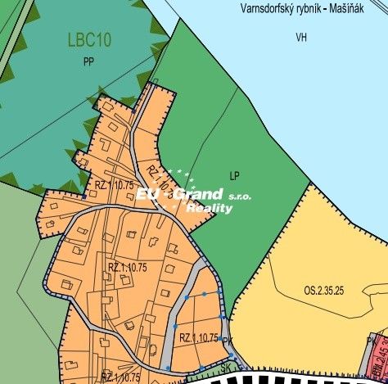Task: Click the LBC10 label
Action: point(91,39)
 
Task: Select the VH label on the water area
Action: point(302,37)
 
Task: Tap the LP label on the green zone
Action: point(235,175)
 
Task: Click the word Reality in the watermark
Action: point(210,209)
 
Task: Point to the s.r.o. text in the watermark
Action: point(240,197)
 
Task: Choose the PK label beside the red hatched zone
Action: point(372,341)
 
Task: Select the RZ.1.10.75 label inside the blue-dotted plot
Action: point(199,337)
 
